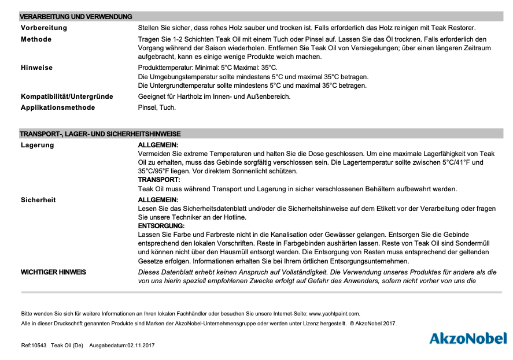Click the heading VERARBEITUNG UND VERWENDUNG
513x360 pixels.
(x=76, y=17)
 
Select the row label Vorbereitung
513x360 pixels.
(x=44, y=28)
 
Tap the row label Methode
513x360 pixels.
(x=36, y=39)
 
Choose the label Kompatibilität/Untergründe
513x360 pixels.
(x=67, y=97)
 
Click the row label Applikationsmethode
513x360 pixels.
(x=58, y=107)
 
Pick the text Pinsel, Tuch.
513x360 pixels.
(x=157, y=107)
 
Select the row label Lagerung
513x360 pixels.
(x=38, y=145)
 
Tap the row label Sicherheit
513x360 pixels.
(x=39, y=200)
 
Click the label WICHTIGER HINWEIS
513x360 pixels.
(x=54, y=272)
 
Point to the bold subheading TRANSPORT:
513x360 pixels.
(x=159, y=180)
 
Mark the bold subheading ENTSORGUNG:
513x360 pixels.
(x=161, y=225)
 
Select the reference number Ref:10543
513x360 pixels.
(x=34, y=346)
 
